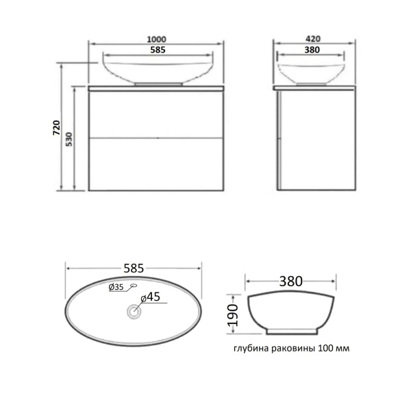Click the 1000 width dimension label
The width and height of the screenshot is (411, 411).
[156, 39]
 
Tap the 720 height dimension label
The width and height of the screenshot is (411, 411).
[57, 127]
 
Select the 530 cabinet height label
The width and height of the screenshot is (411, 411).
[68, 139]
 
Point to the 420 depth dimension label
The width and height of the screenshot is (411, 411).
[313, 39]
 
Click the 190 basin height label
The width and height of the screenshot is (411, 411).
[233, 315]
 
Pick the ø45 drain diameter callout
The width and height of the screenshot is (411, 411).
[151, 297]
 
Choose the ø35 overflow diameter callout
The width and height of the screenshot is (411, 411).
[116, 287]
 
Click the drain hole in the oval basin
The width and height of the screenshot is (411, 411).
[134, 311]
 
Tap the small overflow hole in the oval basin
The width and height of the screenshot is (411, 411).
[134, 286]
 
